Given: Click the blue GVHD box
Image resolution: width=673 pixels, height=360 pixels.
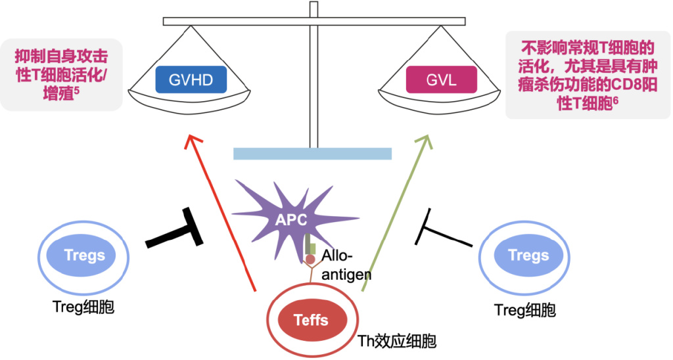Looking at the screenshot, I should click(190, 80).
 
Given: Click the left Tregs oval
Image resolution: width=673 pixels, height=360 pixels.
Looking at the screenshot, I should click(85, 255).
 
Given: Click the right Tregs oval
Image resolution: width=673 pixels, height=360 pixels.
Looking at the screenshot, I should click(528, 256).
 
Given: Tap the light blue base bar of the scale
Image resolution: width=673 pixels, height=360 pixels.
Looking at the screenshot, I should click(312, 154).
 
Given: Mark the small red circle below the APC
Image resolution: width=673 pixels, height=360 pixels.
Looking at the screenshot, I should click(310, 259).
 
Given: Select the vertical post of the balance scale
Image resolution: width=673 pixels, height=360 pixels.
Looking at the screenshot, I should click(313, 79).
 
